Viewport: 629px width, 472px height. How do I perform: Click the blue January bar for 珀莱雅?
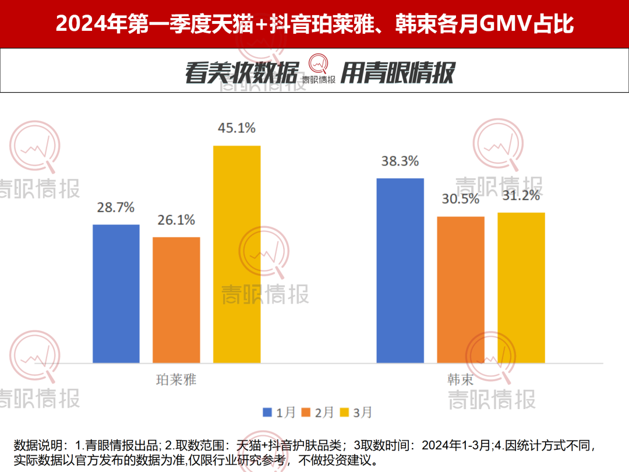click(116, 294)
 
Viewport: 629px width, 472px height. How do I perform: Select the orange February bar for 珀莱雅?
click(176, 300)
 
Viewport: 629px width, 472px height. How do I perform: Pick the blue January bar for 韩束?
click(400, 271)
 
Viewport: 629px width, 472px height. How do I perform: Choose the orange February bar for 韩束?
click(461, 290)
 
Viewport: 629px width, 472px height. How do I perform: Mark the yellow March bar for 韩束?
click(521, 288)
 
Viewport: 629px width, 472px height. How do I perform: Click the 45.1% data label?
click(236, 128)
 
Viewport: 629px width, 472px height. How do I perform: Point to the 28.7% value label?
click(116, 207)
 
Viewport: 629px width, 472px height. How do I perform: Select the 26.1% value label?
click(176, 220)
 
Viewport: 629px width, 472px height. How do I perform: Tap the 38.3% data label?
click(400, 161)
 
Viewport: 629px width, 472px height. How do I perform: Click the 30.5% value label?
click(461, 199)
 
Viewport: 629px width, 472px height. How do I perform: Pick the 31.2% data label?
click(521, 196)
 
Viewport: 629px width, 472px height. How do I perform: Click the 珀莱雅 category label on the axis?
click(176, 380)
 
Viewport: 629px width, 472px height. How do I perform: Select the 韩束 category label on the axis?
click(461, 380)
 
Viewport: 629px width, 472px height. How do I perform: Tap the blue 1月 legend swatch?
click(267, 413)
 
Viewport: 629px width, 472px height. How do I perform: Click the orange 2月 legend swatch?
click(305, 413)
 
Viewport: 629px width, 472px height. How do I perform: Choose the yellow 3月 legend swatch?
click(344, 413)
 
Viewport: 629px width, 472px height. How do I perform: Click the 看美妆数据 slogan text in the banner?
click(242, 73)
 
